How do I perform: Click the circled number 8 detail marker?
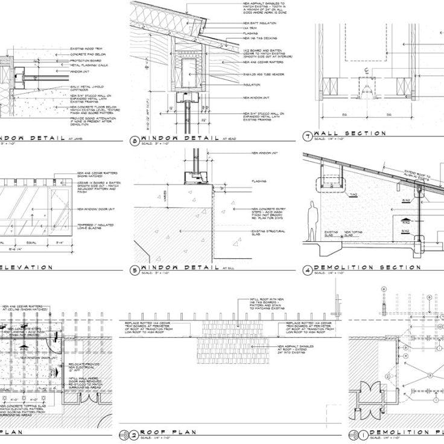[133, 142]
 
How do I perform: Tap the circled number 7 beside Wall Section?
[308, 136]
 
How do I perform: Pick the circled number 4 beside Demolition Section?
[308, 270]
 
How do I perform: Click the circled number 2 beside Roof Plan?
[133, 433]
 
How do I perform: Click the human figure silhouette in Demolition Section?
[312, 220]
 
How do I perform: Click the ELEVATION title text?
[27, 267]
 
